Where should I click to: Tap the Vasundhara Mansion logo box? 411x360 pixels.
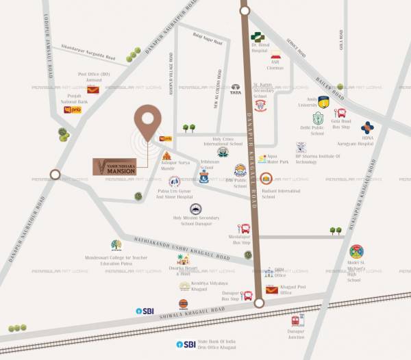[x=125, y=166]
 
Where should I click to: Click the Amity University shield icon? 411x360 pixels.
[x=323, y=103]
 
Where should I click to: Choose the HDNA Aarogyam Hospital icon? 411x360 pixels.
[x=369, y=128]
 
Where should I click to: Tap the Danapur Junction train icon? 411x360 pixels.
[x=296, y=320]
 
